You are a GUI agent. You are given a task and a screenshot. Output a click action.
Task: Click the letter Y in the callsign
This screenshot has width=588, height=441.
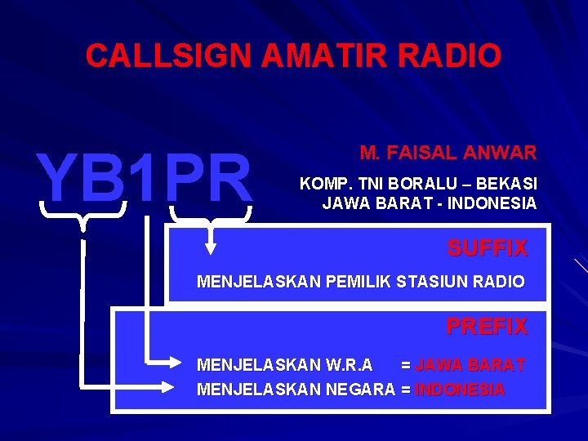[56, 177]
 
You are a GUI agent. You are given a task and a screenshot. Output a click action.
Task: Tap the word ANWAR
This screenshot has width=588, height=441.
[501, 152]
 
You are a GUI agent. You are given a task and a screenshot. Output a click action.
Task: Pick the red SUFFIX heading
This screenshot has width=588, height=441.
[487, 247]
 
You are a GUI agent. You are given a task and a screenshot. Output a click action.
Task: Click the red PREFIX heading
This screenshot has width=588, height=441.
[487, 327]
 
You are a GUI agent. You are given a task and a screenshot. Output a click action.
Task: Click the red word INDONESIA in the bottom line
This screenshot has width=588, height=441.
[460, 390]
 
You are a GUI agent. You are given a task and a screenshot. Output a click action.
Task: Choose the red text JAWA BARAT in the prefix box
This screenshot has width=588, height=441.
[470, 364]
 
